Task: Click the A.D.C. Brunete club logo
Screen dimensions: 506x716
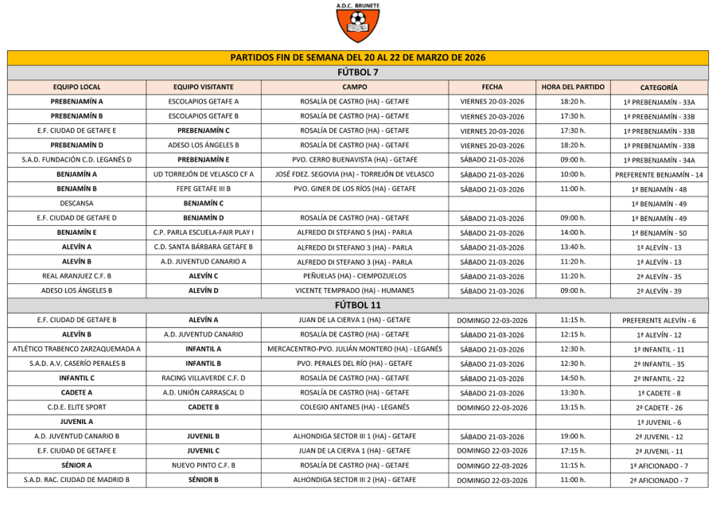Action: [x=358, y=23]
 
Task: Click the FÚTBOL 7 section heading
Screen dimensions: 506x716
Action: [x=358, y=72]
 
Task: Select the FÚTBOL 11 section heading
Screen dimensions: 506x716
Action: [x=358, y=305]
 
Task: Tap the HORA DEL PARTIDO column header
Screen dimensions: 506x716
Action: [x=573, y=88]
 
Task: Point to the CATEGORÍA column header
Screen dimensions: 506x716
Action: [x=659, y=88]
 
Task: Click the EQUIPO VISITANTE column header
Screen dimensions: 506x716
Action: [x=204, y=88]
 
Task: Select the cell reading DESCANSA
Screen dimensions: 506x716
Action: [x=77, y=203]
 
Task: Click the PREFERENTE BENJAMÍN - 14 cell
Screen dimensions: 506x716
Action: [x=659, y=174]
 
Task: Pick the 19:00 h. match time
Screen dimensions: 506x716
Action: [x=573, y=436]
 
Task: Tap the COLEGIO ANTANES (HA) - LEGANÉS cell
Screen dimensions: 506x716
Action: [x=355, y=407]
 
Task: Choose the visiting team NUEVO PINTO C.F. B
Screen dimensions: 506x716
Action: [x=204, y=465]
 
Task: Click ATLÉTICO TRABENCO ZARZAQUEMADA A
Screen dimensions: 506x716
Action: [x=77, y=348]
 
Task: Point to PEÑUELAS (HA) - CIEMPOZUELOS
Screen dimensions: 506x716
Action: [x=355, y=276]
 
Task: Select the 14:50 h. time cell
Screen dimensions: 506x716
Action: [x=573, y=378]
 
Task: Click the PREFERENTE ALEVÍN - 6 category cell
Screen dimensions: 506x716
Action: [x=659, y=320]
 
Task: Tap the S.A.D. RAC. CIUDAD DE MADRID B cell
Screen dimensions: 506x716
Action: [x=77, y=480]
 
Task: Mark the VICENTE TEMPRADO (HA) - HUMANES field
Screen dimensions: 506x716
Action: [x=355, y=290]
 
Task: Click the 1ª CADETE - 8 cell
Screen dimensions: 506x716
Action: [x=659, y=392]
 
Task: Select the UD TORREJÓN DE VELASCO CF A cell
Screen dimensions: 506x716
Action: [x=204, y=174]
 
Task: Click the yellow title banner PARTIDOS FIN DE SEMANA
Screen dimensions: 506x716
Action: [x=358, y=57]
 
